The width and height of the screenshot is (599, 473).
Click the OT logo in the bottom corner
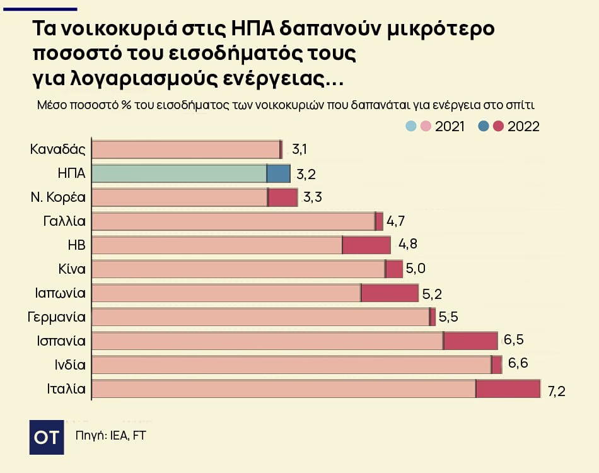click(46, 437)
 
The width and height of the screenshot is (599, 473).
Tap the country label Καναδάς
click(58, 149)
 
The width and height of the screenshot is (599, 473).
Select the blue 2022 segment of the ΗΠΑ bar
click(279, 173)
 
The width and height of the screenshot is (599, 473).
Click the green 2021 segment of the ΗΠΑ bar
click(179, 173)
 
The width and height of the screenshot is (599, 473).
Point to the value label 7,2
click(556, 391)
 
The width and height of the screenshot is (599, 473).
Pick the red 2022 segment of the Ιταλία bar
click(508, 389)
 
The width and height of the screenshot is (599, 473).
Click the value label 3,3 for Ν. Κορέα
click(313, 197)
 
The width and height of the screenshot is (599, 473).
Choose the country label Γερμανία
click(57, 317)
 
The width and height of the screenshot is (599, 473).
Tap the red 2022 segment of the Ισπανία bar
click(471, 341)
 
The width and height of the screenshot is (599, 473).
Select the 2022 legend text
click(523, 126)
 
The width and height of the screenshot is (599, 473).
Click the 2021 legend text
click(450, 126)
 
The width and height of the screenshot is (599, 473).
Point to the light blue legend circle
click(411, 126)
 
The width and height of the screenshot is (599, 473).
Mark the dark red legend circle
click(498, 126)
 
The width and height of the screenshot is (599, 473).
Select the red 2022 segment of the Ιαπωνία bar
click(390, 293)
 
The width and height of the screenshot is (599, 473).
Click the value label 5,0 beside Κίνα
click(416, 269)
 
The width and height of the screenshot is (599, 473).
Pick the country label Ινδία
click(70, 365)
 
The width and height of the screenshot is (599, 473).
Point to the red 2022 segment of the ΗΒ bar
click(366, 245)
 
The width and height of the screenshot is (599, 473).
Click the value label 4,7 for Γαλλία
click(396, 221)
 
